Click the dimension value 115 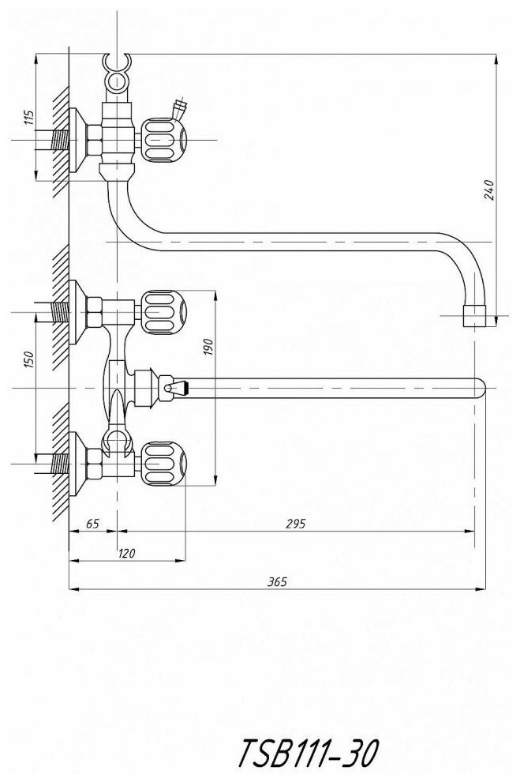[x=29, y=119]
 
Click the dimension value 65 [x=92, y=524]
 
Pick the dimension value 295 [x=295, y=524]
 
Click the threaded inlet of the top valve [x=58, y=141]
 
